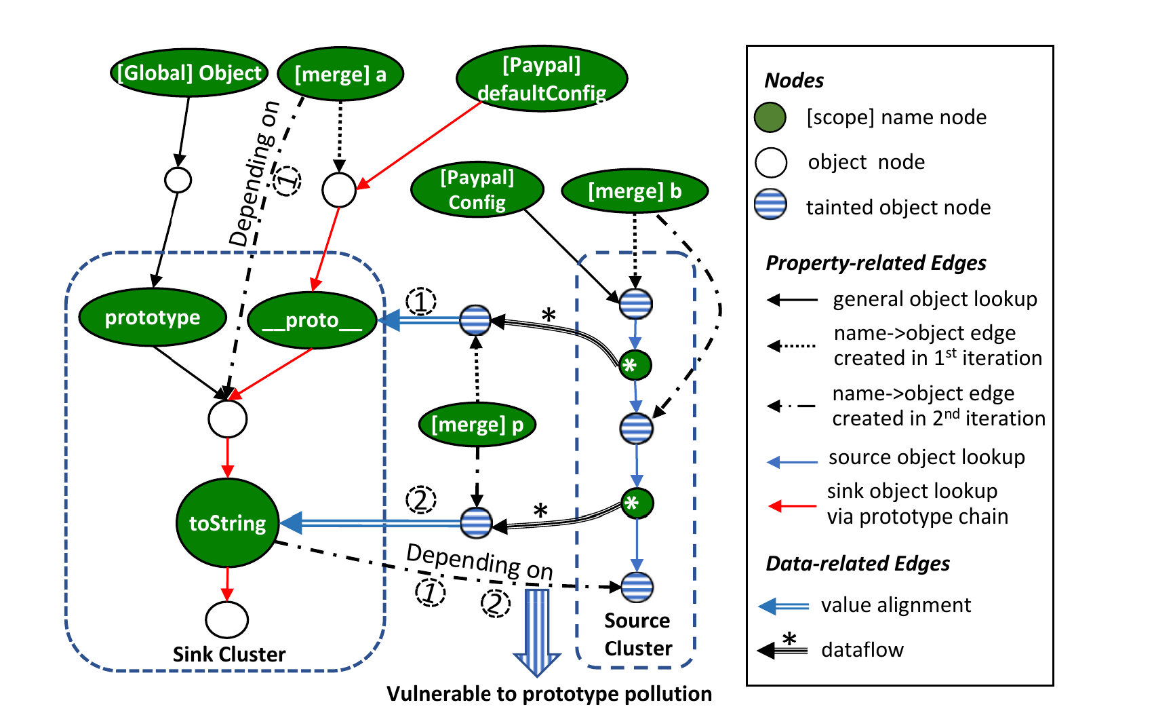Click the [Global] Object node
(x=188, y=73)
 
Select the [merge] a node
(x=340, y=74)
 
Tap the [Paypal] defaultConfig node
(x=542, y=79)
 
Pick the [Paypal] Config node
(x=477, y=190)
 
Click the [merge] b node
(x=635, y=191)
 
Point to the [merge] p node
(x=477, y=425)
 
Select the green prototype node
(x=153, y=318)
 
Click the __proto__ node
(x=312, y=320)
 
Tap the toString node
(x=228, y=523)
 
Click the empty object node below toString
(x=227, y=619)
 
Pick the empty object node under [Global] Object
(x=178, y=180)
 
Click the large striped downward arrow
(x=537, y=631)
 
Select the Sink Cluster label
(x=229, y=654)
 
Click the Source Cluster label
(x=637, y=634)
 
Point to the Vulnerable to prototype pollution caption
(x=549, y=693)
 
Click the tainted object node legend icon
(x=770, y=205)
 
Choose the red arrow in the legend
(x=792, y=505)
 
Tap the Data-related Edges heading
(x=858, y=563)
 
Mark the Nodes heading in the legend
(x=794, y=81)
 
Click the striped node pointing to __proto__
(x=475, y=320)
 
